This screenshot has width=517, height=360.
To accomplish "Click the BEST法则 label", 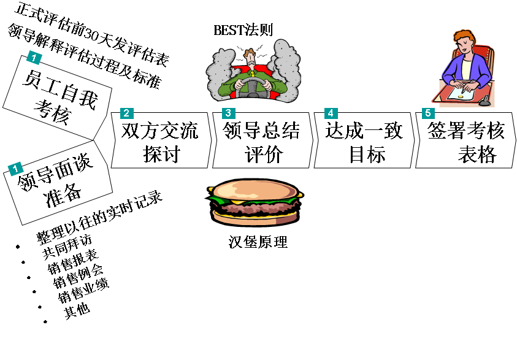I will coord(243,29).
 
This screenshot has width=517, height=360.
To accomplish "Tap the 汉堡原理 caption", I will coord(258,241).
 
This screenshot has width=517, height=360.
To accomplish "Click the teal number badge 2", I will coord(126,113).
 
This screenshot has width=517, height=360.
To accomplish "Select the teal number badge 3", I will coord(228,113).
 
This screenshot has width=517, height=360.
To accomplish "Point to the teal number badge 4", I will coord(330,113).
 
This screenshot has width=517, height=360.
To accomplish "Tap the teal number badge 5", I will coord(427,113).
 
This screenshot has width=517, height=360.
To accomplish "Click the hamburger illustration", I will coord(255,200).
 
